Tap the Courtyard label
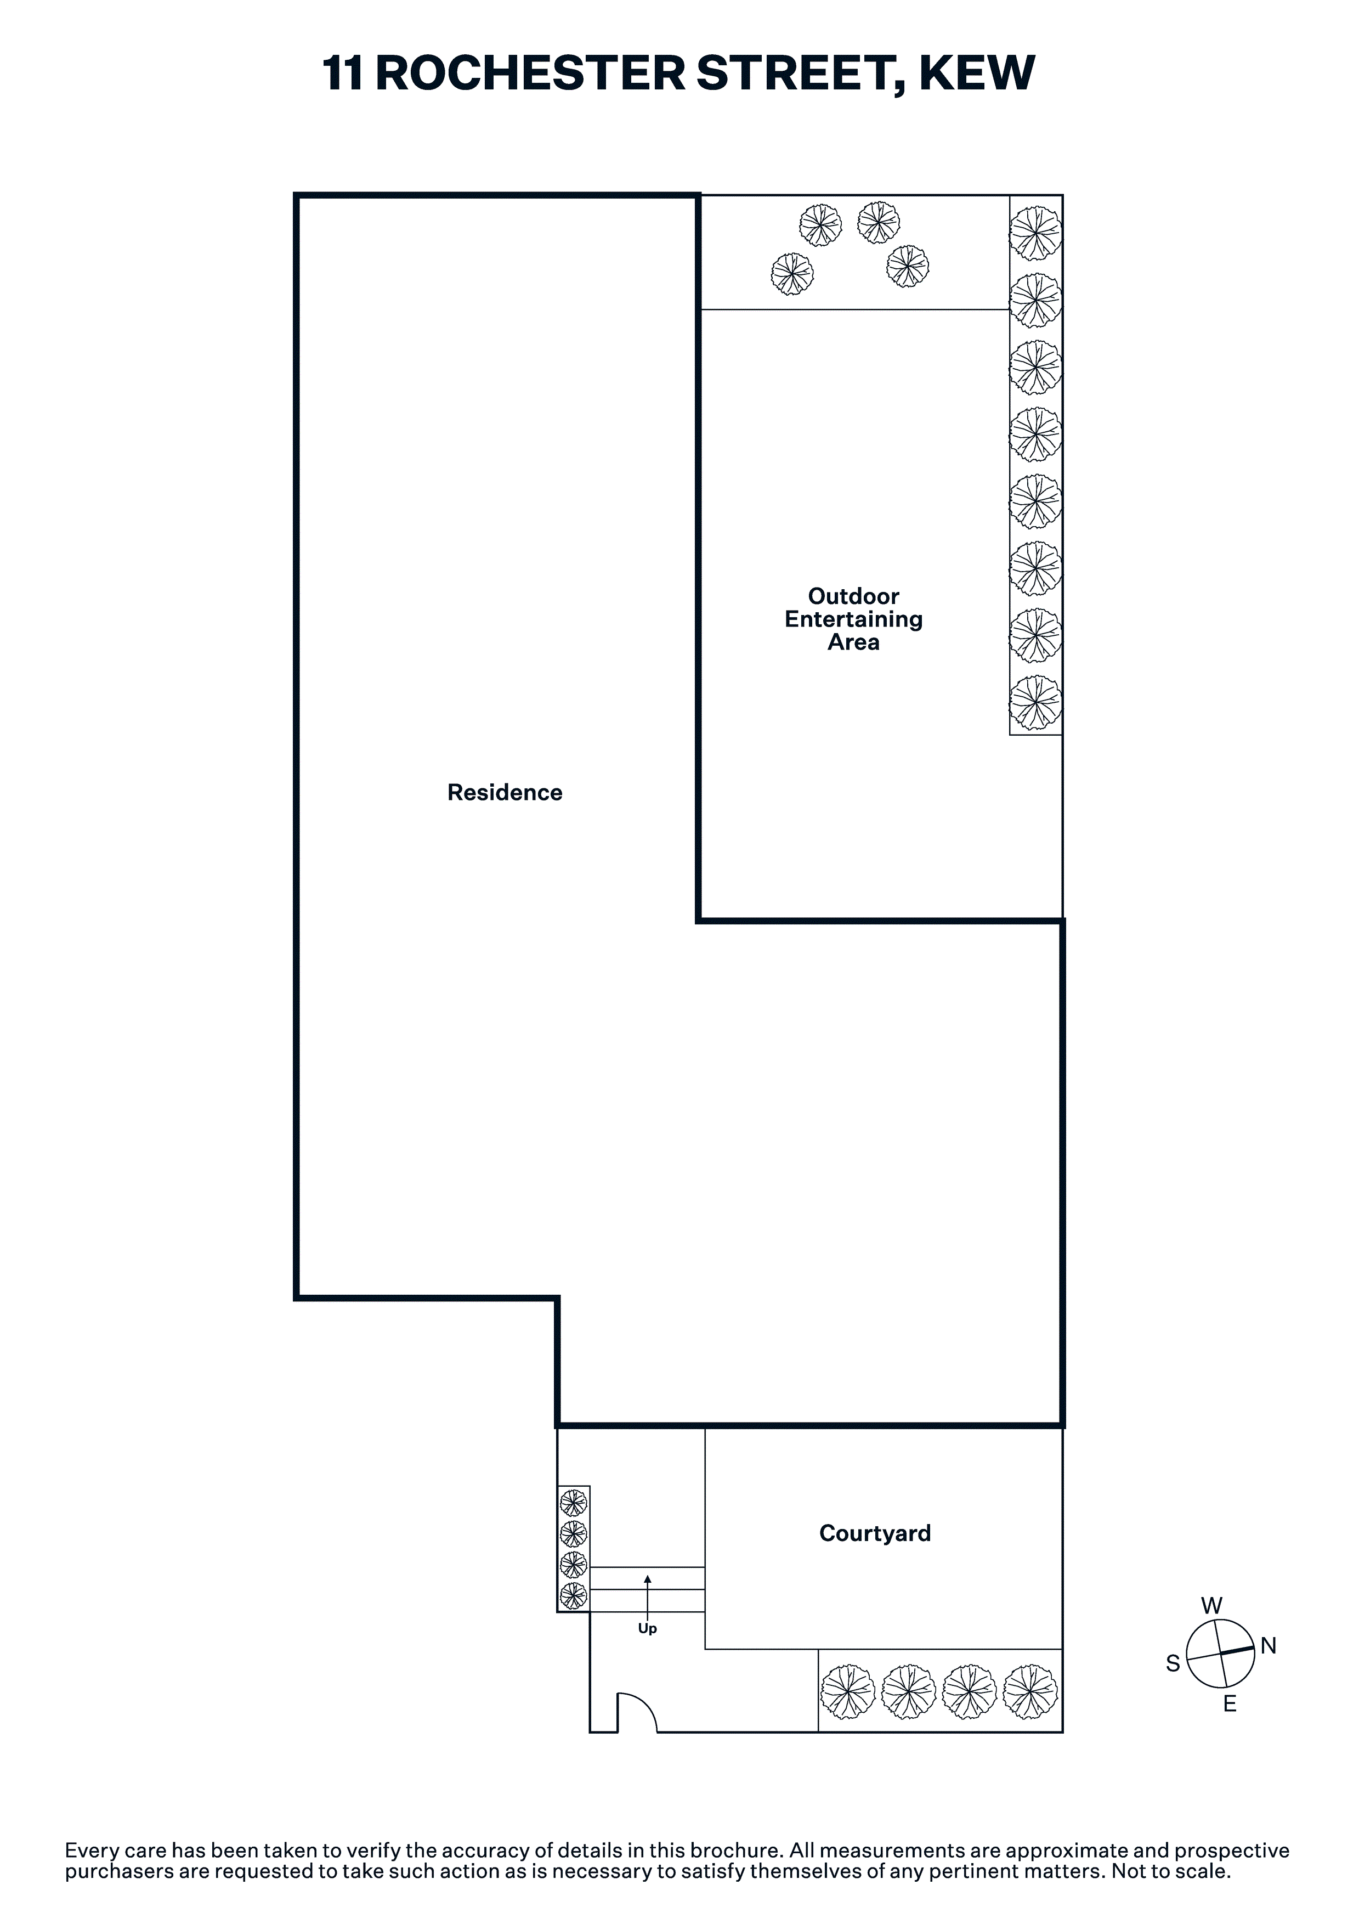click(x=875, y=1533)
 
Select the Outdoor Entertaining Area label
click(x=854, y=619)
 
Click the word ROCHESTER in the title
click(x=530, y=73)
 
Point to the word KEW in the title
click(x=977, y=73)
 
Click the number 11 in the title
click(x=343, y=73)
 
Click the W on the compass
click(x=1211, y=1606)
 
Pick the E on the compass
click(x=1230, y=1703)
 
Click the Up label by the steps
click(x=648, y=1629)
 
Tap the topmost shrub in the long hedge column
click(x=1035, y=233)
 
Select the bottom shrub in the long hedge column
click(x=1035, y=702)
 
